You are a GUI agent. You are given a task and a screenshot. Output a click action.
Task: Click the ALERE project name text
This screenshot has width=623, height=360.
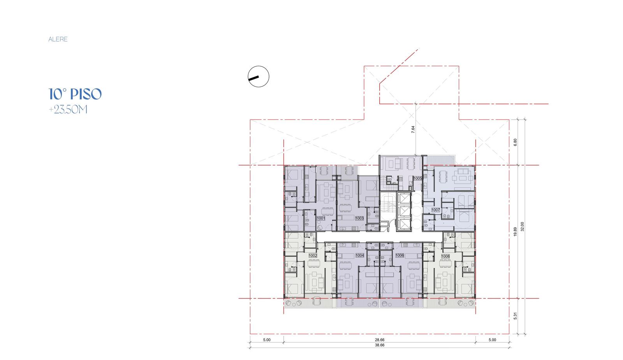tap(58, 39)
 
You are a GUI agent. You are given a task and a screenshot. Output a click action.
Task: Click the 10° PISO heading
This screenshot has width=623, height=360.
tap(75, 94)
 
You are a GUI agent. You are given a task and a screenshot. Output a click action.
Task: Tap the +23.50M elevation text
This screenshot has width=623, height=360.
tap(68, 109)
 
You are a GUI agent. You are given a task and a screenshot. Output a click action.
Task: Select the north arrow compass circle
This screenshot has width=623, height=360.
tap(259, 76)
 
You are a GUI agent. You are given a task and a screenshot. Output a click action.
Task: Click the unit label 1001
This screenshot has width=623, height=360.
tap(321, 219)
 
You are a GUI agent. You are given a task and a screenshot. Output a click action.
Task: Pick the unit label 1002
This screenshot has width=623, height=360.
tap(313, 256)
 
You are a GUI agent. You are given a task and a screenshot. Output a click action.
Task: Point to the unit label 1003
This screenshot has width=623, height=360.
tap(359, 219)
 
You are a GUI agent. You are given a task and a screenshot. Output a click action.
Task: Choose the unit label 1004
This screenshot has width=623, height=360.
tap(360, 256)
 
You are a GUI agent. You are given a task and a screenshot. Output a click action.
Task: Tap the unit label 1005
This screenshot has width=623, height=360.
tap(417, 178)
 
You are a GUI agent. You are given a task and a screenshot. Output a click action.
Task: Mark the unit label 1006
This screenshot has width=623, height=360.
tap(399, 256)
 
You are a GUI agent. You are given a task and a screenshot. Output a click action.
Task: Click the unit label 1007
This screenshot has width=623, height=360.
tap(436, 210)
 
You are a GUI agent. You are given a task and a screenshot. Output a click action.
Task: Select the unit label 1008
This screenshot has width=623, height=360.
tap(445, 256)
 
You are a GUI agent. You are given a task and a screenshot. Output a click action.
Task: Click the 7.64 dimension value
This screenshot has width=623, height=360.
tap(413, 129)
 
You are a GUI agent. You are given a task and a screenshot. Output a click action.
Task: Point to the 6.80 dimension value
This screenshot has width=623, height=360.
tap(515, 143)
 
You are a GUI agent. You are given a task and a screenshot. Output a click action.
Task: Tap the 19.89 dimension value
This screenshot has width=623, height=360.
tap(515, 232)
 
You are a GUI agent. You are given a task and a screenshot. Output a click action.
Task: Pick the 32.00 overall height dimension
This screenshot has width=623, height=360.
tap(522, 226)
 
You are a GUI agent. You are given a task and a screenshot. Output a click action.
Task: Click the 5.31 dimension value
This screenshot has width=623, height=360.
tap(515, 316)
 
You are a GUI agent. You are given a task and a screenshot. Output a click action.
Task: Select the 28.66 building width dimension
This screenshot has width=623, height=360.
tap(380, 340)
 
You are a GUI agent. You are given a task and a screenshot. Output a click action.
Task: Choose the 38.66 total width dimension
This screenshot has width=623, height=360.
tap(380, 345)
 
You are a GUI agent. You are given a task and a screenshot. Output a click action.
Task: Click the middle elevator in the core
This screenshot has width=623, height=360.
tap(404, 212)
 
